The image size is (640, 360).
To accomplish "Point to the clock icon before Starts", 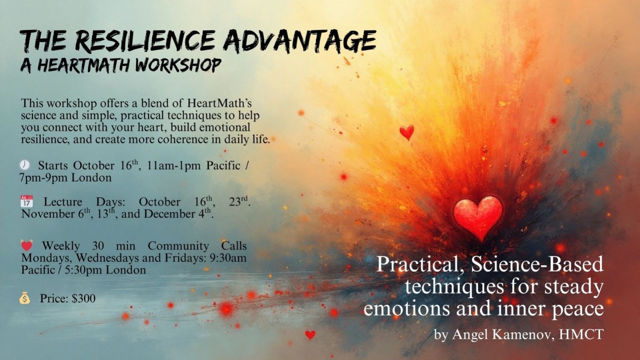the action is pyautogui.click(x=25, y=165).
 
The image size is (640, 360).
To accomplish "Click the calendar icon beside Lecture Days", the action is pyautogui.click(x=26, y=201).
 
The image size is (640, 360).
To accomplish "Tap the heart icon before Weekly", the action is pyautogui.click(x=26, y=245).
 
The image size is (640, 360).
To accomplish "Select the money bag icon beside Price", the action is pyautogui.click(x=25, y=298).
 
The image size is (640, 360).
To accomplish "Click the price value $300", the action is pyautogui.click(x=83, y=298).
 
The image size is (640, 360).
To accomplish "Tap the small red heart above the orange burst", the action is pyautogui.click(x=407, y=132).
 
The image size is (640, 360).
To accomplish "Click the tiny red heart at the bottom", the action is pyautogui.click(x=310, y=334).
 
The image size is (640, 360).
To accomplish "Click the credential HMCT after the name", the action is pyautogui.click(x=581, y=334).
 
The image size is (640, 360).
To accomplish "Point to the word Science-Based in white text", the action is pyautogui.click(x=537, y=265).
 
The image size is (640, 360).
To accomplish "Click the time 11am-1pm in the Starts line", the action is pyautogui.click(x=174, y=165).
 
